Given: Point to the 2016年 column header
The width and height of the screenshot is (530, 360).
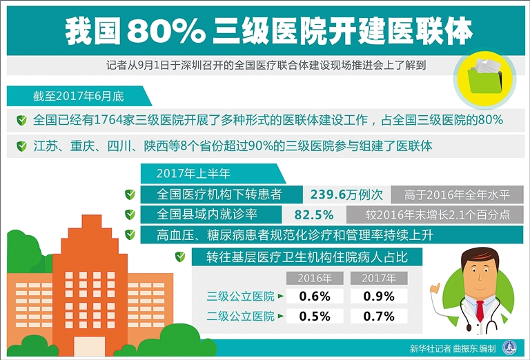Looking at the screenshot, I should [x=315, y=279].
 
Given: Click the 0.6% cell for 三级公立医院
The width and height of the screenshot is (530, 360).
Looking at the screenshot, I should [x=315, y=297].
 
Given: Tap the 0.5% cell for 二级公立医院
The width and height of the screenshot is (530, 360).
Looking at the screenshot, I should [x=315, y=317].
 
